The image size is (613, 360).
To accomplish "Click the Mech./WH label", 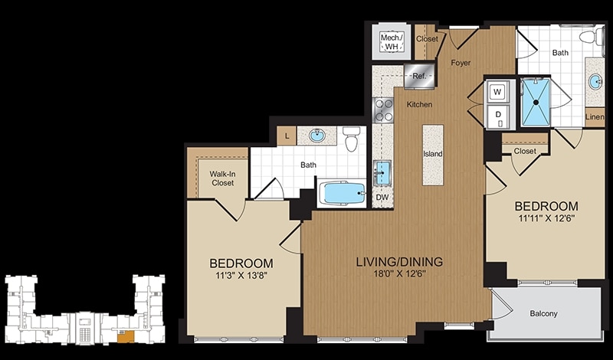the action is [392, 42].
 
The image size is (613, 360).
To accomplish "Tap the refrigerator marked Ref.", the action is [419, 76].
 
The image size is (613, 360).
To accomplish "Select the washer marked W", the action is [497, 92].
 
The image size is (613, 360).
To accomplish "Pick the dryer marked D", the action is [497, 116].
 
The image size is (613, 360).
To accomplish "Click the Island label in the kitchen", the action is [433, 154].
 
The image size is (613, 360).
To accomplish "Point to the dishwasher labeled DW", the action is [382, 198].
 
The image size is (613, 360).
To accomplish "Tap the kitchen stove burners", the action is [383, 110].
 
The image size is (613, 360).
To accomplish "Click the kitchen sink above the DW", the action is [382, 172].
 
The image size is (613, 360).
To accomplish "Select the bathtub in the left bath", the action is [342, 193].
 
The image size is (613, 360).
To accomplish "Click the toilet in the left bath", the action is [351, 139].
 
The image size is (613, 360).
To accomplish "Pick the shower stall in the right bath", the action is [536, 103].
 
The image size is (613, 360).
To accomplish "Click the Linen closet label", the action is [595, 117].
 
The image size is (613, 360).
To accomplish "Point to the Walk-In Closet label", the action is [222, 178].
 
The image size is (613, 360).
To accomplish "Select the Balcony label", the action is [543, 313].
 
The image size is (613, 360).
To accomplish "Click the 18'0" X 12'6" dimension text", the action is [399, 273].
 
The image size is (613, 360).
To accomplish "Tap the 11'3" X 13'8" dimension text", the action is [241, 275].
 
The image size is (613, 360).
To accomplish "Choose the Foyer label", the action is [461, 63].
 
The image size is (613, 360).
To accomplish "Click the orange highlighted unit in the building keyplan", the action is [126, 335].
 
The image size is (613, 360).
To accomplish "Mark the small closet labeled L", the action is [287, 136].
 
